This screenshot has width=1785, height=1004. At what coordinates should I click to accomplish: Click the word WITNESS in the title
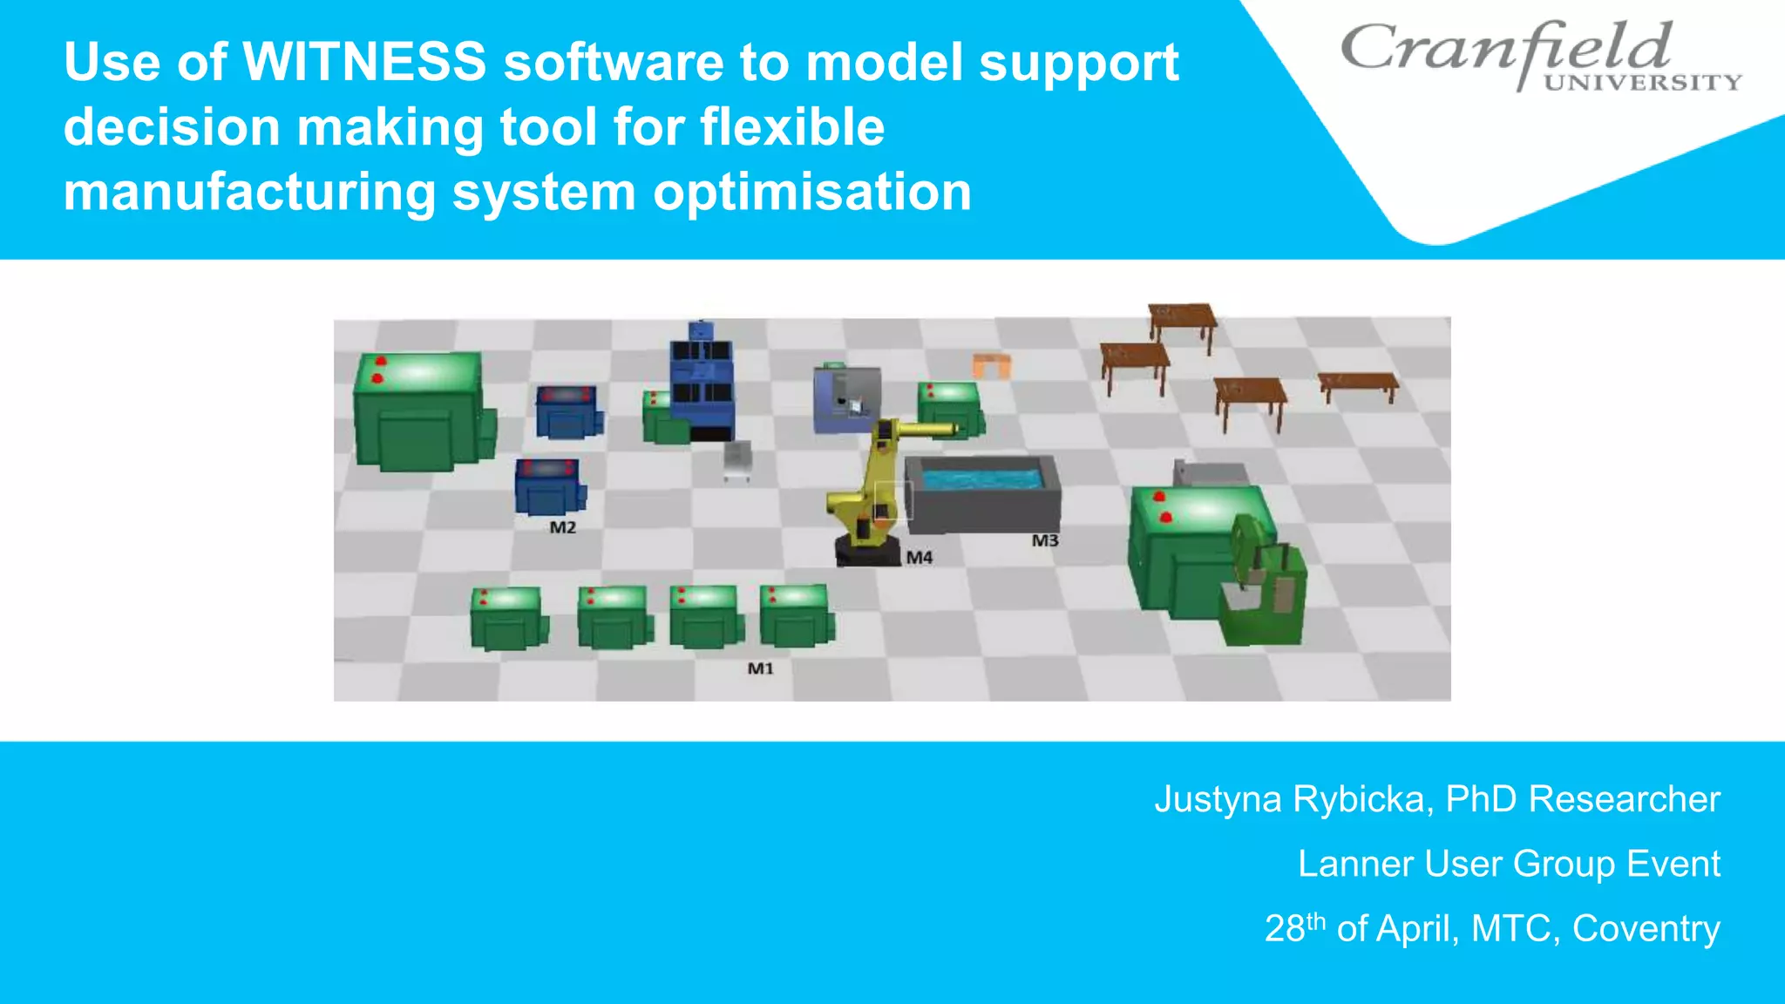coord(363,63)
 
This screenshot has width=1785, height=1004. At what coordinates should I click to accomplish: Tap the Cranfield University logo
coord(1539,55)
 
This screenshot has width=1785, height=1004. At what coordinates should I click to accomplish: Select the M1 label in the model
coord(760,668)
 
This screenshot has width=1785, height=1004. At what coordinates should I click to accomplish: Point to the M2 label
coord(562,527)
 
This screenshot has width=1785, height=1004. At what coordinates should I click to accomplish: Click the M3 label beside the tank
coord(1044,540)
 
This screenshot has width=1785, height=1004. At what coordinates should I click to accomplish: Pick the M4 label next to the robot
coord(919,557)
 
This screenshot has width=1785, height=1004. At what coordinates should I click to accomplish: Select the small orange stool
coord(992,364)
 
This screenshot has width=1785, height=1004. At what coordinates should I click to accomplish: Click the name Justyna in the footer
coord(1218,799)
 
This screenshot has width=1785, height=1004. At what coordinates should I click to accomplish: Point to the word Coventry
coord(1646,928)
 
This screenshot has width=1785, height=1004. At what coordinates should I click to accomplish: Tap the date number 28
coord(1284,929)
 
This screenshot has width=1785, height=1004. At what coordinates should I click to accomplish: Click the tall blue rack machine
coord(702,383)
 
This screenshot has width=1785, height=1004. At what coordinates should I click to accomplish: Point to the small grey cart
coord(737,459)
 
